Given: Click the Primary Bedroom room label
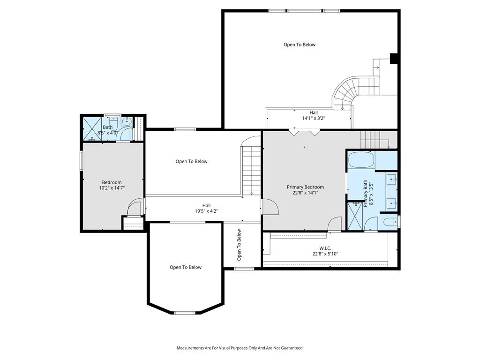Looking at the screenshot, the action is pyautogui.click(x=305, y=187).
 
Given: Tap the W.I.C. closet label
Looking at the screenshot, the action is pyautogui.click(x=325, y=248).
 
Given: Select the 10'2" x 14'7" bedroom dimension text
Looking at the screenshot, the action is pyautogui.click(x=112, y=188).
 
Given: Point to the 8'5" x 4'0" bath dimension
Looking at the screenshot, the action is pyautogui.click(x=107, y=133).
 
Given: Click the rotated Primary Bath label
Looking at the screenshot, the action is pyautogui.click(x=366, y=194).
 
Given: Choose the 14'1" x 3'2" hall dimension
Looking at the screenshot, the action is pyautogui.click(x=314, y=118).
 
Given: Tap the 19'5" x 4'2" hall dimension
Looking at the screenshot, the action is pyautogui.click(x=206, y=211).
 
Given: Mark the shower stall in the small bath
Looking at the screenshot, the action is pyautogui.click(x=92, y=128).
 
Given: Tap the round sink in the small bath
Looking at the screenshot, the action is pyautogui.click(x=126, y=122).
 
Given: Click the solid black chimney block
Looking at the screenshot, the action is pyautogui.click(x=394, y=59).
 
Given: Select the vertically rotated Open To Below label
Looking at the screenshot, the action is pyautogui.click(x=239, y=245).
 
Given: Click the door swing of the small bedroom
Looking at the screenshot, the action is pyautogui.click(x=135, y=206).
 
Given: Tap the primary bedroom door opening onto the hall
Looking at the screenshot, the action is pyautogui.click(x=270, y=207).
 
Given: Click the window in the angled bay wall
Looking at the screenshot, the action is pyautogui.click(x=185, y=313).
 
